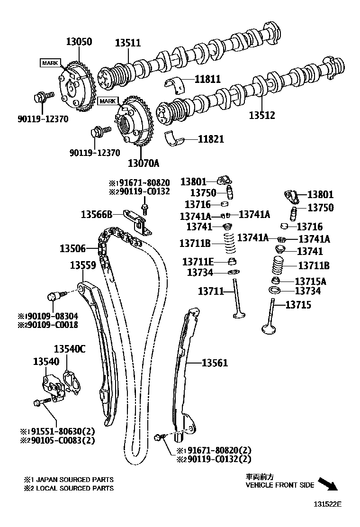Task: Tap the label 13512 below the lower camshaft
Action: [262, 115]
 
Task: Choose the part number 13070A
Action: [143, 164]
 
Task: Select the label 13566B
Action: [96, 214]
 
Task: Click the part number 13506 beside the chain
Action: [72, 248]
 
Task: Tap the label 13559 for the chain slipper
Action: [83, 266]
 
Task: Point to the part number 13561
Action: [215, 363]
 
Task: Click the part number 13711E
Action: [198, 262]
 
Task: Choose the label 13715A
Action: [310, 281]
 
